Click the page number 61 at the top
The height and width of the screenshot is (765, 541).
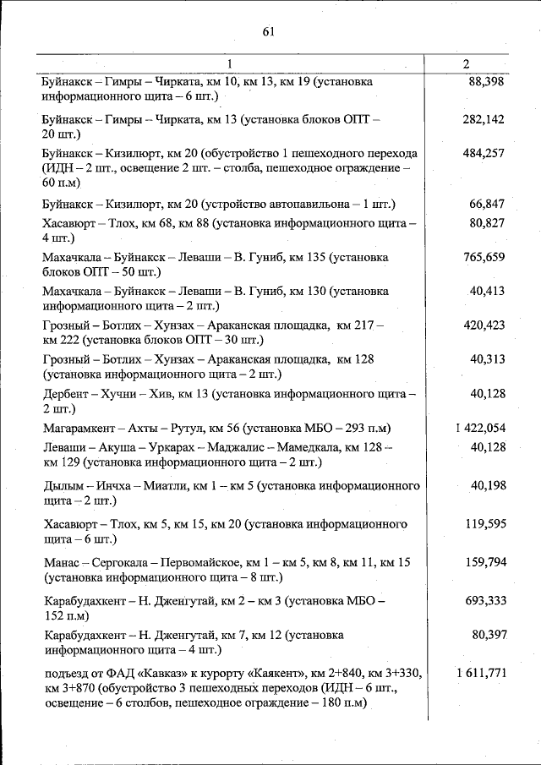pos(270,32)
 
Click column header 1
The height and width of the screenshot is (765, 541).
pos(228,64)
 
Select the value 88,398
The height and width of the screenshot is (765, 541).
pos(486,82)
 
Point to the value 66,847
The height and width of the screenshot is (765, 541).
pos(487,204)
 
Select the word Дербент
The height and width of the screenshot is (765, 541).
pos(64,394)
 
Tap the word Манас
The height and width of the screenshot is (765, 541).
pos(60,562)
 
